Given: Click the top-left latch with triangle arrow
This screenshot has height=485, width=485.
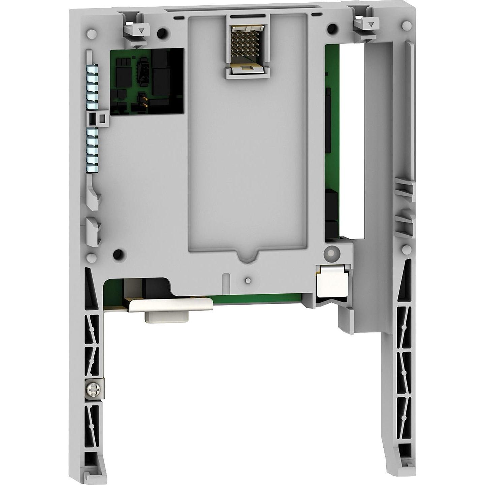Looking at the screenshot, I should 139,31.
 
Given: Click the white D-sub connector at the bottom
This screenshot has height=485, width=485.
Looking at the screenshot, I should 167,316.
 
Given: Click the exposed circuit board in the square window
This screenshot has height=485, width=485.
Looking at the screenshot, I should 147,82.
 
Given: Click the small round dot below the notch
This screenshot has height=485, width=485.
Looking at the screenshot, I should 248,280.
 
